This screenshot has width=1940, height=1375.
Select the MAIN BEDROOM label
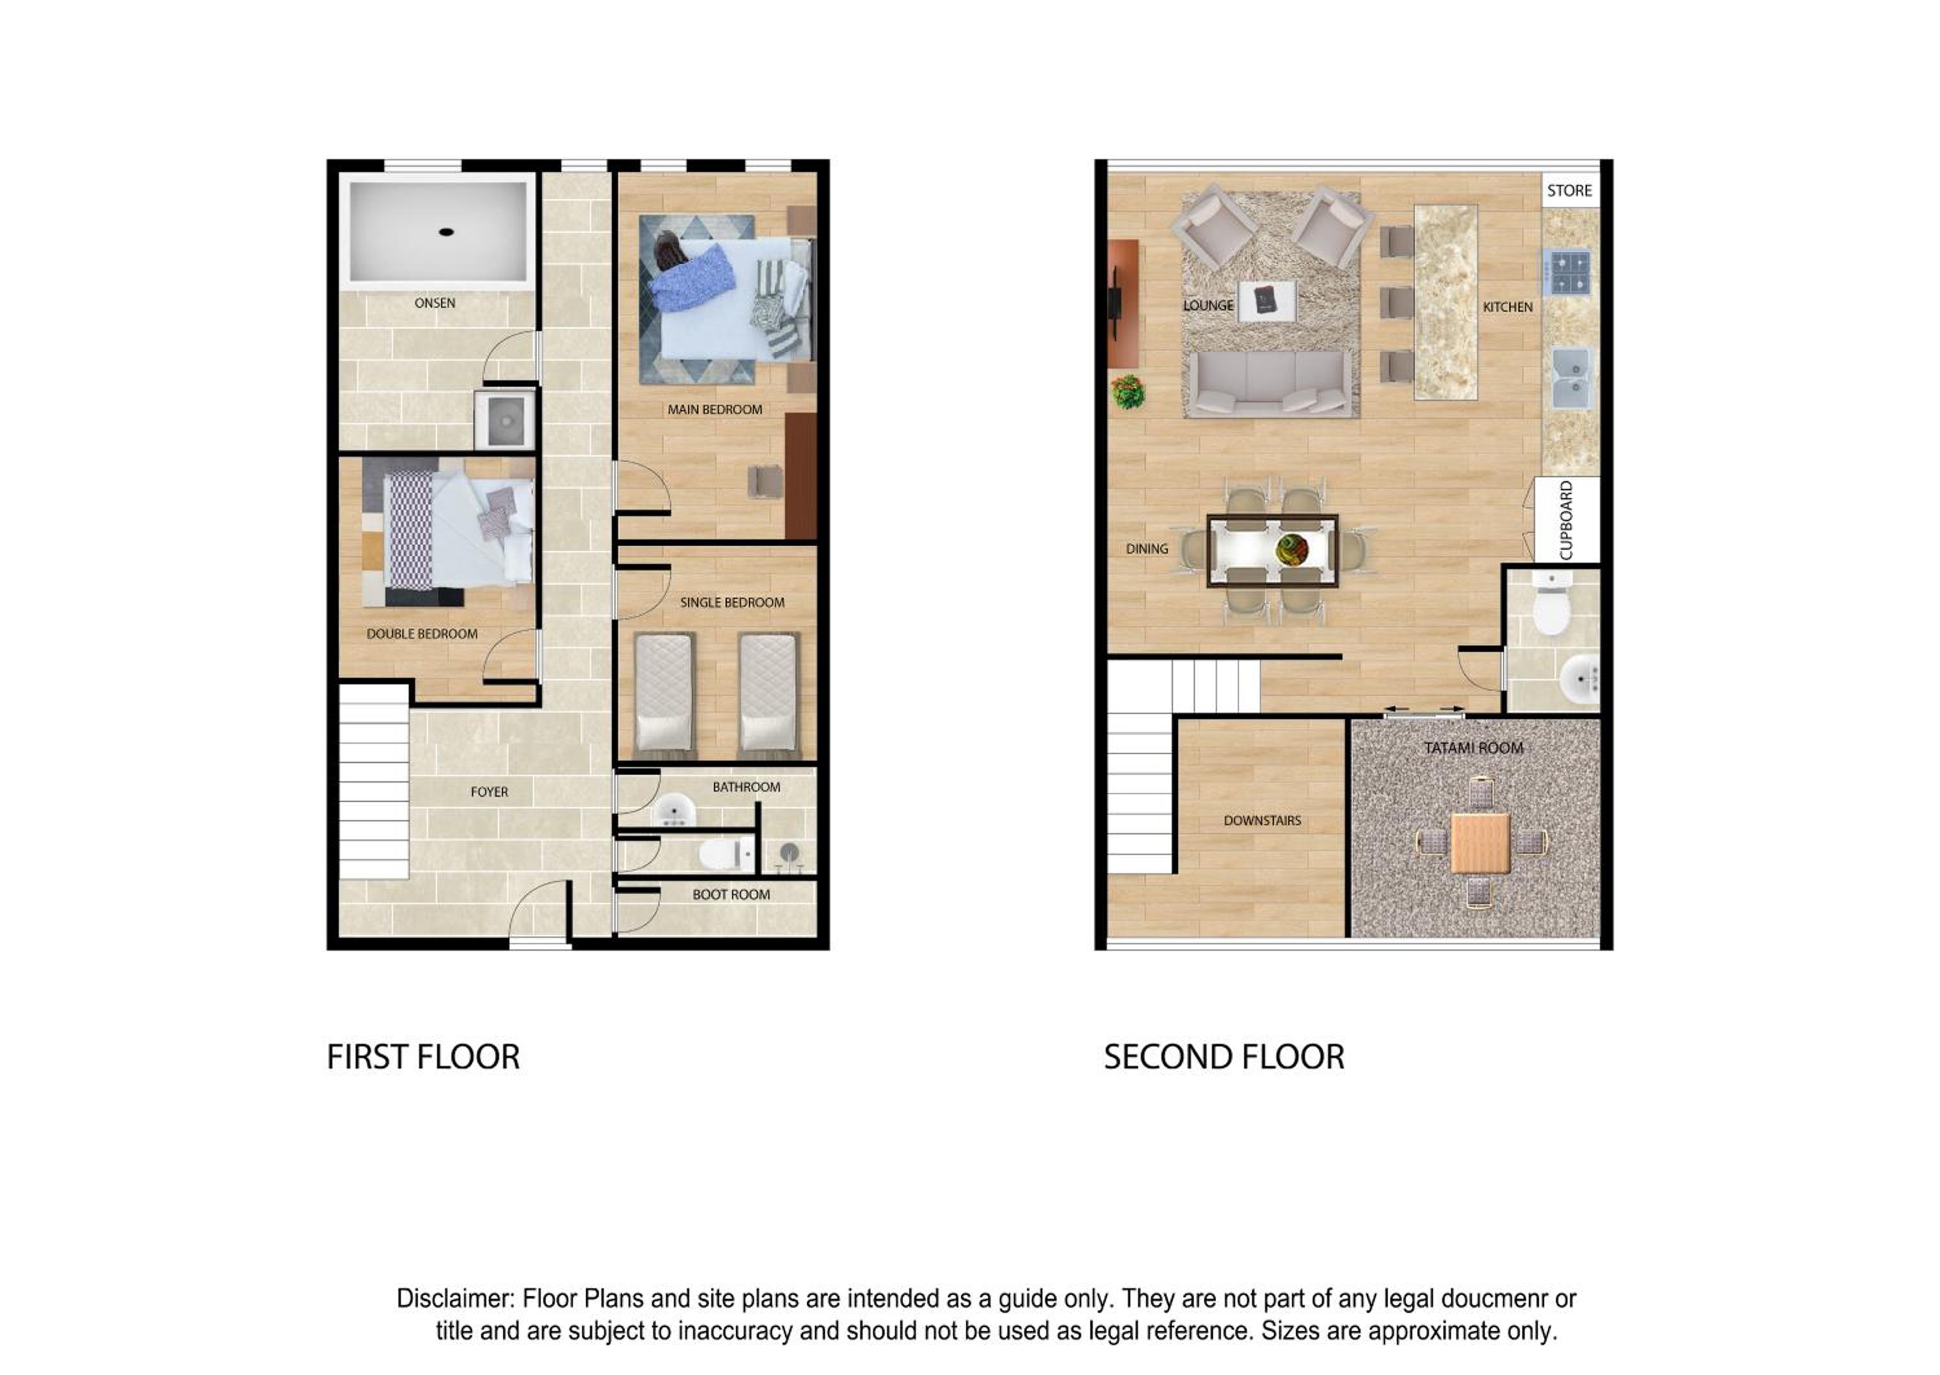(715, 410)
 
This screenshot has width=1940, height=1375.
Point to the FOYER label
(490, 792)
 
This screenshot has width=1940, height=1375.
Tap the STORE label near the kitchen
(1569, 191)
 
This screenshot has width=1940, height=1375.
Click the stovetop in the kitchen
(1566, 272)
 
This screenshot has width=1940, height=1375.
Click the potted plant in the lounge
(1127, 392)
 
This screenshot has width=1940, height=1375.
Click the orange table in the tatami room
(1480, 843)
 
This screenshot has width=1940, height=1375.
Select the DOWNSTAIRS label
(1262, 821)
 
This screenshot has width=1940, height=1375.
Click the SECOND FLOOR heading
(1224, 1057)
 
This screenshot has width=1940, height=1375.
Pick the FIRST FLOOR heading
(423, 1057)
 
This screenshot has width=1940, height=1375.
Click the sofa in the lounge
(1271, 384)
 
